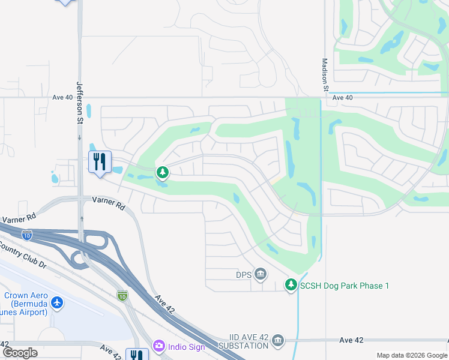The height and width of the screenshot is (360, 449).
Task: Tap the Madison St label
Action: tap(325, 74)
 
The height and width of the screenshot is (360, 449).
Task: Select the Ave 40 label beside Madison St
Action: tap(342, 97)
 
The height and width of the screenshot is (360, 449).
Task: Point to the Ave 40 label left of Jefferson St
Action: tap(62, 97)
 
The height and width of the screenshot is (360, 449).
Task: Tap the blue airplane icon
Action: tap(57, 302)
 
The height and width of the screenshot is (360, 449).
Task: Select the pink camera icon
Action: tap(158, 346)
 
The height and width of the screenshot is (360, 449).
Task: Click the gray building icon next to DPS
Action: tap(261, 274)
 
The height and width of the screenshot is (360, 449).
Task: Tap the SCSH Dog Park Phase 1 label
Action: tap(345, 286)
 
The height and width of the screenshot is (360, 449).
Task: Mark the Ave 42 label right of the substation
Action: tap(351, 340)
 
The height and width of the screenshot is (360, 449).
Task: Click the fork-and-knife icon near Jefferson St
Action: tap(100, 161)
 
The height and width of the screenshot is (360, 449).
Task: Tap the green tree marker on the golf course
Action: tap(162, 173)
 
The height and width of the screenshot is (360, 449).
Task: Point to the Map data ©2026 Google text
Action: tap(411, 355)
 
